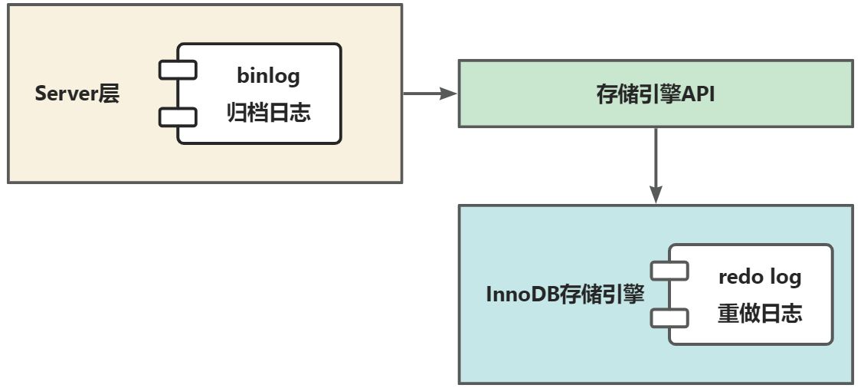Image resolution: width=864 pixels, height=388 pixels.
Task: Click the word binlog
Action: point(269,76)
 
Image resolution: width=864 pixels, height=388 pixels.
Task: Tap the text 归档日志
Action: point(269,113)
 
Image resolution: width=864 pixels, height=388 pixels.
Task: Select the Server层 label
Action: point(77,94)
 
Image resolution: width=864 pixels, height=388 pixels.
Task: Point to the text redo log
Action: point(760,277)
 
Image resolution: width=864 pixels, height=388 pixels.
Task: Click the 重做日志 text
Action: point(760,314)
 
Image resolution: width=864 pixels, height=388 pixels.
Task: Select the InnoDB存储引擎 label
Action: point(565,294)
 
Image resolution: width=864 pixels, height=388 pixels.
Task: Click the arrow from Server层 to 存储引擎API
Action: point(430,94)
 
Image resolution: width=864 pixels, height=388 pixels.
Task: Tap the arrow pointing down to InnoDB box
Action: point(656,166)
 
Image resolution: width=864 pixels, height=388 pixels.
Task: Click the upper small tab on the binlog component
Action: point(178,70)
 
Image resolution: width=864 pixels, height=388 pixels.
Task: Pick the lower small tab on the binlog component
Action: point(178,117)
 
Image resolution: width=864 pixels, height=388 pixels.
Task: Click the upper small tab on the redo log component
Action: point(669,271)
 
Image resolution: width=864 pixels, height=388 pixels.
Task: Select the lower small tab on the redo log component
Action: point(669,318)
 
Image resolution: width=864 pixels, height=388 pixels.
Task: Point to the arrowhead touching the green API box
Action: point(449,94)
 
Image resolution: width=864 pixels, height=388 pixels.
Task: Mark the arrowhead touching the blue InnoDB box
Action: point(656,195)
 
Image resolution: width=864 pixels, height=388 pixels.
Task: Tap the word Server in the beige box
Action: point(66,94)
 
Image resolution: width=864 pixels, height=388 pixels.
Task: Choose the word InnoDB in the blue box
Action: point(522,294)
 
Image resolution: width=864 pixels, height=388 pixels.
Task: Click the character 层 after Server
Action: point(109,94)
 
